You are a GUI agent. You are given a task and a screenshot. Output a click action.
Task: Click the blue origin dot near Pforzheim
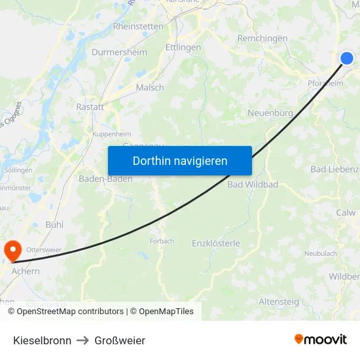pos(347,58)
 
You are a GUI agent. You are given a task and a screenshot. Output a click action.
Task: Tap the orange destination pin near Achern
pos(12,249)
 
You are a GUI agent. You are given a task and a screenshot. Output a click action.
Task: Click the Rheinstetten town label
pos(138,27)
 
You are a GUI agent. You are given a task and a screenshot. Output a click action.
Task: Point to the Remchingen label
pos(262,39)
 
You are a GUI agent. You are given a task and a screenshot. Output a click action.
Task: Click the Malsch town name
pos(150,88)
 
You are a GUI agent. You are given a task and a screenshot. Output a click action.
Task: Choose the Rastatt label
pos(90,107)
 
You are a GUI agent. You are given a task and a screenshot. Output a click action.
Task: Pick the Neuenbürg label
pos(270,113)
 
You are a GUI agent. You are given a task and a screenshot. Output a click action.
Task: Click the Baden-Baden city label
pos(105,179)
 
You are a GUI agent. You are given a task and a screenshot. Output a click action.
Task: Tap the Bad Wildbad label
pos(253,185)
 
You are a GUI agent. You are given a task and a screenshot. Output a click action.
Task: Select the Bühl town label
pos(54,224)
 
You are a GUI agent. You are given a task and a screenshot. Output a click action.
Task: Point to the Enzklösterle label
pos(216,243)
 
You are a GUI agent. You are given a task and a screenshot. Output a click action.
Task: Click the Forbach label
pos(161,241)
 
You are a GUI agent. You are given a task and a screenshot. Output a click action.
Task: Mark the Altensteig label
pos(279,302)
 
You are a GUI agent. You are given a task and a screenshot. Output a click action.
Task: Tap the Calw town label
pos(346,213)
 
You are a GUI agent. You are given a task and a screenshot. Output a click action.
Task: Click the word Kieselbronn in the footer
pos(42,340)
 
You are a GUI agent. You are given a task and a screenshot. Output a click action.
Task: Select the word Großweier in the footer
pos(120,340)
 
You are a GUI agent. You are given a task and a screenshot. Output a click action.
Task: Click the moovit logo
pos(320,339)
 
